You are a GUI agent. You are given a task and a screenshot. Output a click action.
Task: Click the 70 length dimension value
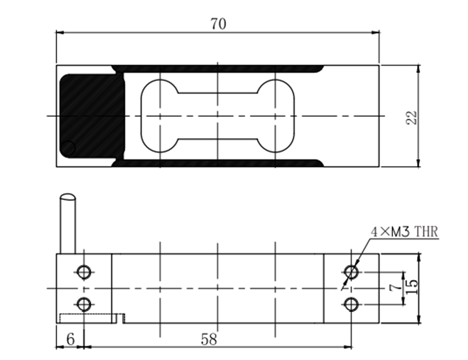tap(218, 24)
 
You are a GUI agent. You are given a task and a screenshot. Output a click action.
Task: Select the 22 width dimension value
tap(411, 118)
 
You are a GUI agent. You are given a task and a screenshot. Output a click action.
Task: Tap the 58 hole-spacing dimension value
tap(209, 339)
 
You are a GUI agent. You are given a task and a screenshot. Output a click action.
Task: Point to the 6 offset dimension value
tap(71, 339)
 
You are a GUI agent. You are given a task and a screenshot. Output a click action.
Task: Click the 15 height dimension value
tap(412, 287)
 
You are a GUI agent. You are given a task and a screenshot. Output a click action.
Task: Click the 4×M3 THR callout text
tap(404, 232)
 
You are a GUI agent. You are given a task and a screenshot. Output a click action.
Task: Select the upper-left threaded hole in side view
tap(84, 272)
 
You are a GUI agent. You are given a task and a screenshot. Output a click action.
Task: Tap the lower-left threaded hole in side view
tap(84, 305)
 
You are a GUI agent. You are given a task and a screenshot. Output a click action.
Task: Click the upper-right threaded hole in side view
tap(352, 272)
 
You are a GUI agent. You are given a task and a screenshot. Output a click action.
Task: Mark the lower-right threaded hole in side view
tap(352, 305)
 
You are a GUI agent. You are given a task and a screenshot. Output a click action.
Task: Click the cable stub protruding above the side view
tap(68, 223)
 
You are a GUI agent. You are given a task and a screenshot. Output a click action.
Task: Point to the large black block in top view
tap(92, 116)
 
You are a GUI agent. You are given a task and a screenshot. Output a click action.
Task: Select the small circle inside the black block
tap(68, 148)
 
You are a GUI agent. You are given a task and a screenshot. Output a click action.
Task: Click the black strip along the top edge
tap(218, 69)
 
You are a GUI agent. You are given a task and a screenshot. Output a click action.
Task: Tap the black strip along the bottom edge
tap(218, 163)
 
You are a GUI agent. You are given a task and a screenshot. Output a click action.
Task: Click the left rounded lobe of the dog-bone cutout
tap(160, 116)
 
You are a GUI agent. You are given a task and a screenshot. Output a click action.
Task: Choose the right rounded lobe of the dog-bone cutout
tap(275, 116)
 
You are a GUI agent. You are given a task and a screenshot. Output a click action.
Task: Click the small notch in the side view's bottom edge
tap(121, 319)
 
